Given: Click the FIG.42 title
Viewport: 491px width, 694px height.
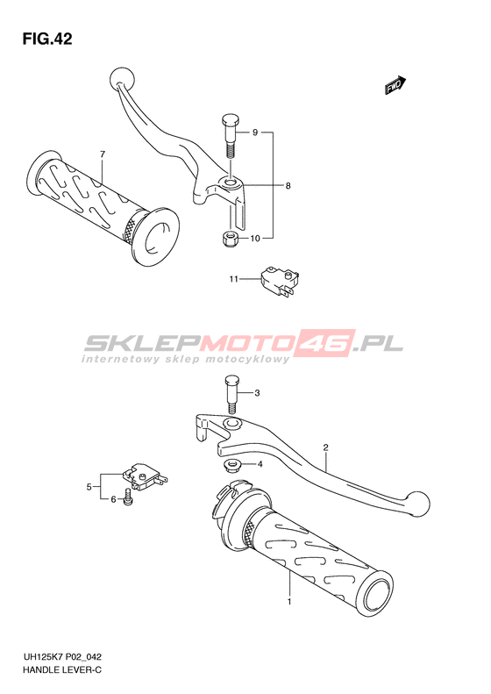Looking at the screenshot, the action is [x=47, y=39].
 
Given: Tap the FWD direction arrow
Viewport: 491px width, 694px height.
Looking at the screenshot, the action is [x=395, y=85].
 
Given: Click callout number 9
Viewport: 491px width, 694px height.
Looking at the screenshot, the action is [x=255, y=132].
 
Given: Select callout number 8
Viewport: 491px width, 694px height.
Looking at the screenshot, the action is [x=288, y=186].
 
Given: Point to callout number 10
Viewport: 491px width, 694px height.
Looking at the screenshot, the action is [x=255, y=239].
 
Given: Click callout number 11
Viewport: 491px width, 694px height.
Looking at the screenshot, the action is [x=233, y=279].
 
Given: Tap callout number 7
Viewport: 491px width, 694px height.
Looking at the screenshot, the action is [x=103, y=154].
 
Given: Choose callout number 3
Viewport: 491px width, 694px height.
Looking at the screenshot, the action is [x=258, y=393].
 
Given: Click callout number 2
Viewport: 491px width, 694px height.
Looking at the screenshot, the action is [x=325, y=447].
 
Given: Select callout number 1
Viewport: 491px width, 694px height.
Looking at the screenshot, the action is [x=289, y=602].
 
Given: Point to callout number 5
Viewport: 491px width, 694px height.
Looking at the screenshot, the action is [x=89, y=487].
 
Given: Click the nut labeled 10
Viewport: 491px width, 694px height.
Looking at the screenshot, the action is [x=229, y=240].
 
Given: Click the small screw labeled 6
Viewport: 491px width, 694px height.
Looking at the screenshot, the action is [x=128, y=497].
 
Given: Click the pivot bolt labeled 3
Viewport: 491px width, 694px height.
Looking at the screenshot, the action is [x=231, y=393].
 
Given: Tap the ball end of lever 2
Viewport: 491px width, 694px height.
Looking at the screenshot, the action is [x=419, y=504].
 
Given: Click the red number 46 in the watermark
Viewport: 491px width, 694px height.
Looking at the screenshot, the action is [x=327, y=342].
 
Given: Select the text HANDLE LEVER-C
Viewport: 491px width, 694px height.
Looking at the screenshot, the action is [x=62, y=670].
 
